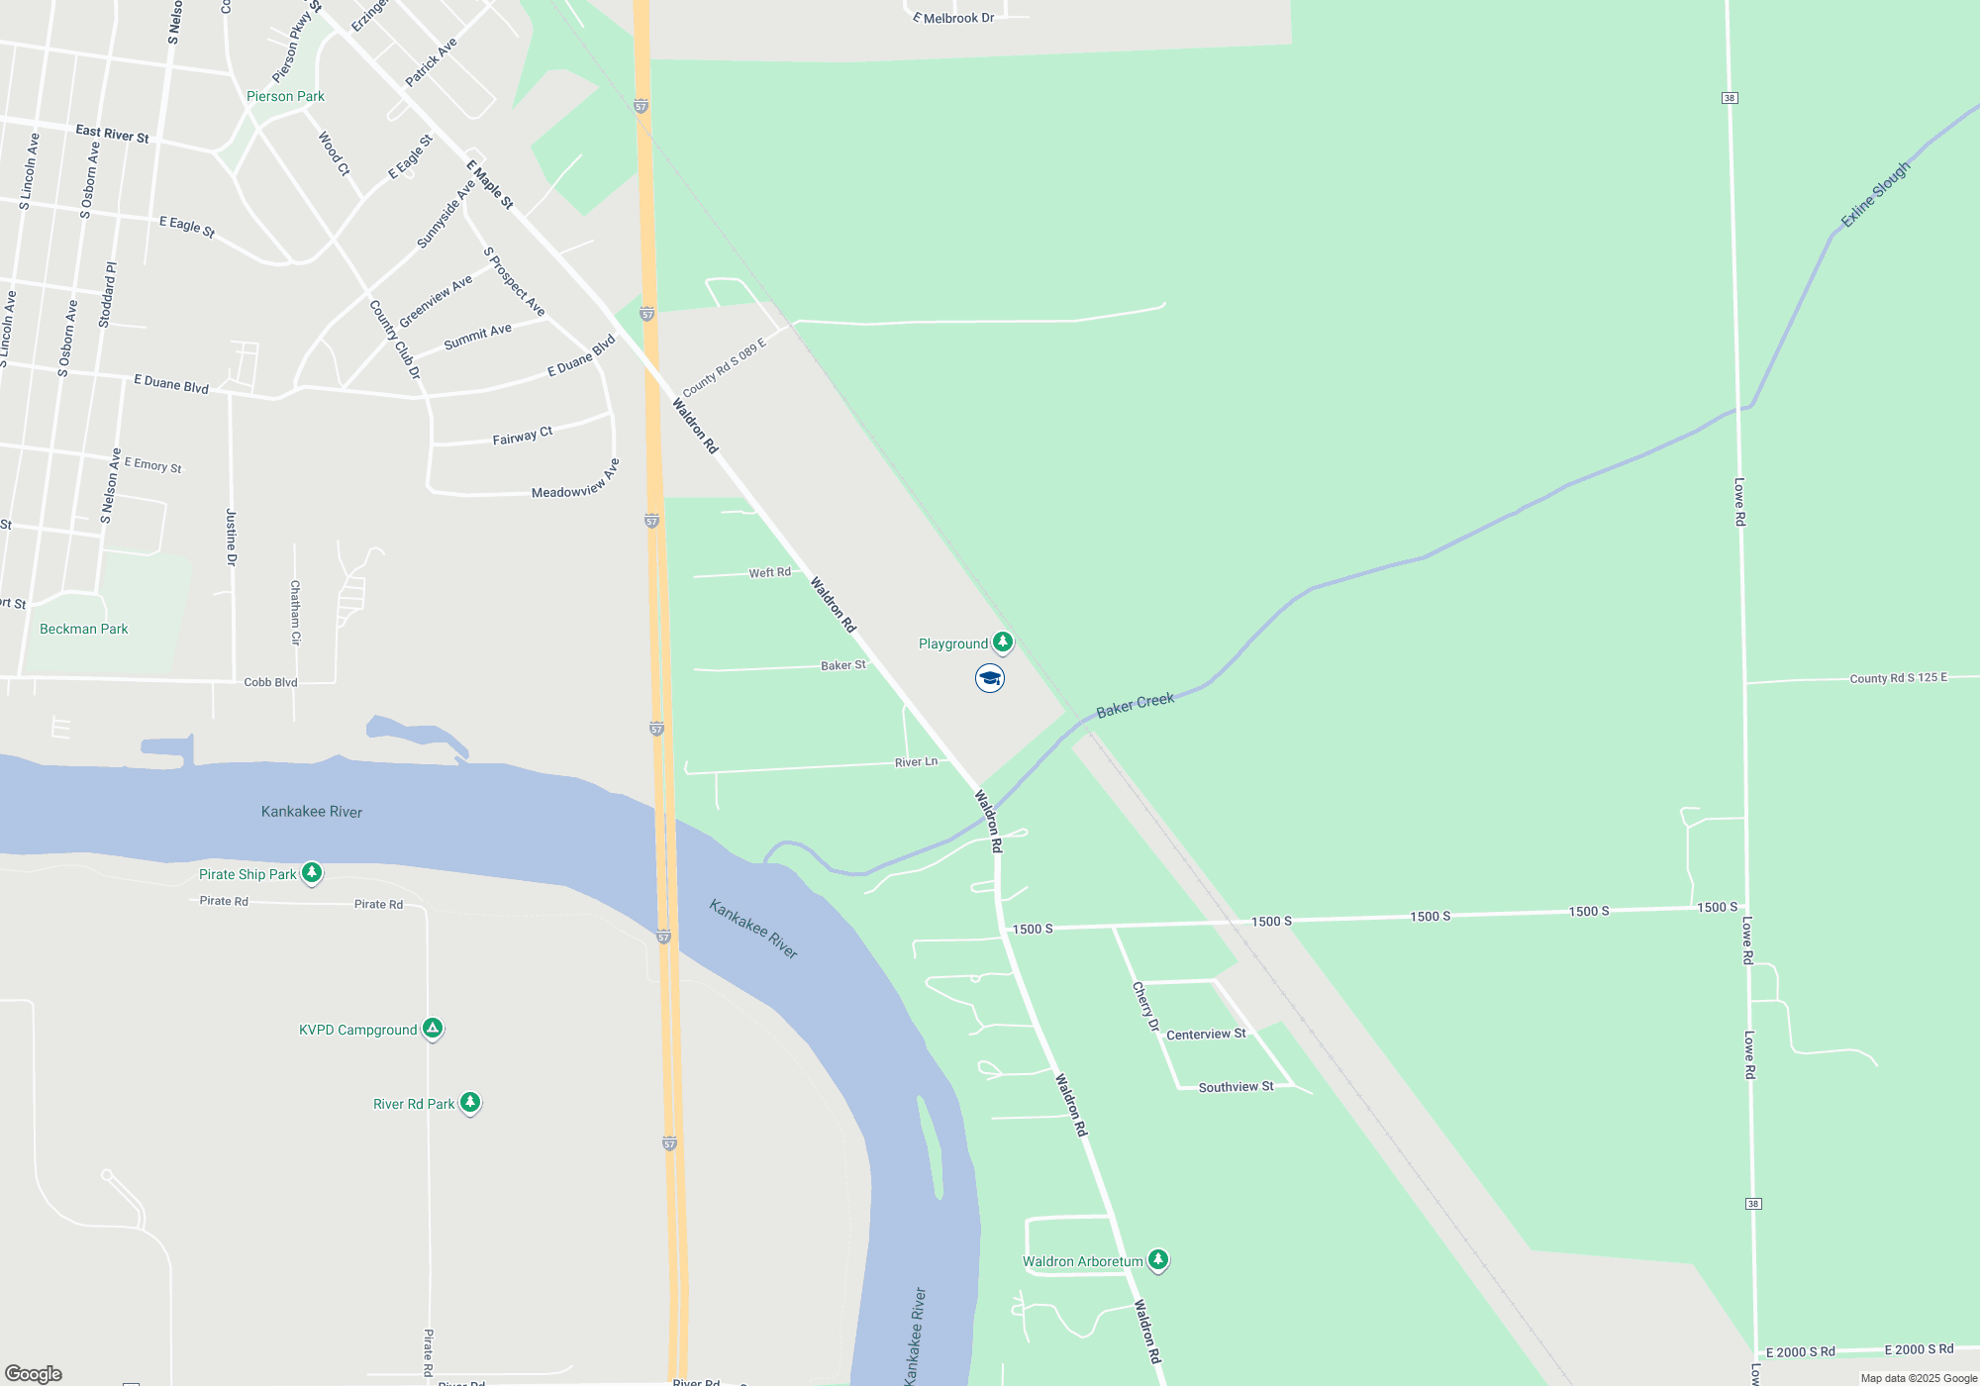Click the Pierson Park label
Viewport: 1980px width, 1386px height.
coord(285,96)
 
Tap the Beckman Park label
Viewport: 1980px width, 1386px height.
coord(84,629)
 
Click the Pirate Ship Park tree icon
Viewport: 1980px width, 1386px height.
coord(312,872)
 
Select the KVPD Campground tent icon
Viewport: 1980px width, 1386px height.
coord(433,1029)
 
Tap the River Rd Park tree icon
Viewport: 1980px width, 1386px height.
coord(470,1102)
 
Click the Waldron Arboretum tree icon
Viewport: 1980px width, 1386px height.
coord(1158,1259)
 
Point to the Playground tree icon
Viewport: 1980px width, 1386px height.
coord(1003,642)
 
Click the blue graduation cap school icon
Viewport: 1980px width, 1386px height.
coord(990,678)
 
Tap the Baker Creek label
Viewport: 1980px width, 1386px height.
coord(1135,705)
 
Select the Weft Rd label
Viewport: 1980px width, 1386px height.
coord(769,572)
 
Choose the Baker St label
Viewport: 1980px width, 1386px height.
coord(843,665)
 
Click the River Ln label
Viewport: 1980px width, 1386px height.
coord(916,762)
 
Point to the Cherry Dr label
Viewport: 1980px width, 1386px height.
coord(1145,1006)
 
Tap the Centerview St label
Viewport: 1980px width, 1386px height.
coord(1206,1034)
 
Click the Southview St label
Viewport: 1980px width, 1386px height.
coord(1236,1086)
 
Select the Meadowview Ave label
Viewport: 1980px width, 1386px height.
coord(576,480)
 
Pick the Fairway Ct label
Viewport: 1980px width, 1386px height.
coord(523,436)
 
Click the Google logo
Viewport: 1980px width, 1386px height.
coord(34,1373)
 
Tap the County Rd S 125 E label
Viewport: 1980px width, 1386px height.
coord(1898,678)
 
